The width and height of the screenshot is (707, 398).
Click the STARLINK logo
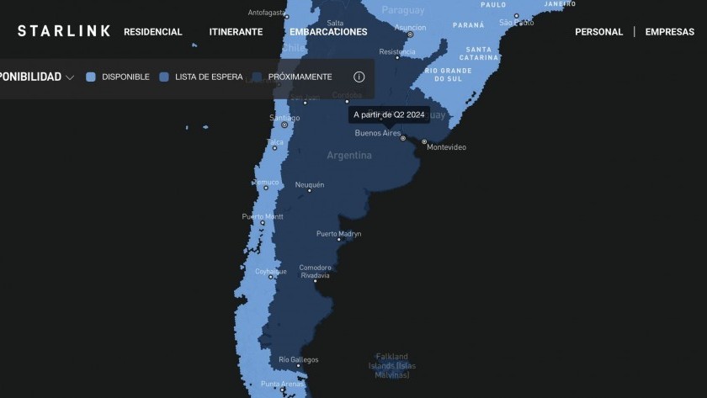[x=64, y=31]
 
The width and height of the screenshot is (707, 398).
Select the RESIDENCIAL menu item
[x=152, y=32]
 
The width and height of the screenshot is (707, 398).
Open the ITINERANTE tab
[x=236, y=32]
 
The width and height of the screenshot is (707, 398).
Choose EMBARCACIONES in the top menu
[x=328, y=32]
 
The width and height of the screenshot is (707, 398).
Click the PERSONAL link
[x=598, y=32]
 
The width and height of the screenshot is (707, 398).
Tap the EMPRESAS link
[x=669, y=32]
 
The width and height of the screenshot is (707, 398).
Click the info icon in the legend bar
[x=359, y=77]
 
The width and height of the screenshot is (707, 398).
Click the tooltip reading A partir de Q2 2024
[x=389, y=114]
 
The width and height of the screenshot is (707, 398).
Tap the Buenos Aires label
[x=378, y=133]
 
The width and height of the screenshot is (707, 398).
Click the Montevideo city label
[x=446, y=147]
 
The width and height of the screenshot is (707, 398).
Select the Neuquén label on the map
[x=309, y=184]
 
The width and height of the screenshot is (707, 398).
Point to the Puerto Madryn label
[x=338, y=233]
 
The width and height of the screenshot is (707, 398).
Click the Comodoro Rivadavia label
[x=315, y=271]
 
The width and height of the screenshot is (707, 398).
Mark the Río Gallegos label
[x=298, y=359]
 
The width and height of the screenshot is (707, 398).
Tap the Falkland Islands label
[x=391, y=365]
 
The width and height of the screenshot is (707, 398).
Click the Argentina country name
[x=349, y=156]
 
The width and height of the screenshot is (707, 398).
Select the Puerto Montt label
[x=263, y=216]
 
